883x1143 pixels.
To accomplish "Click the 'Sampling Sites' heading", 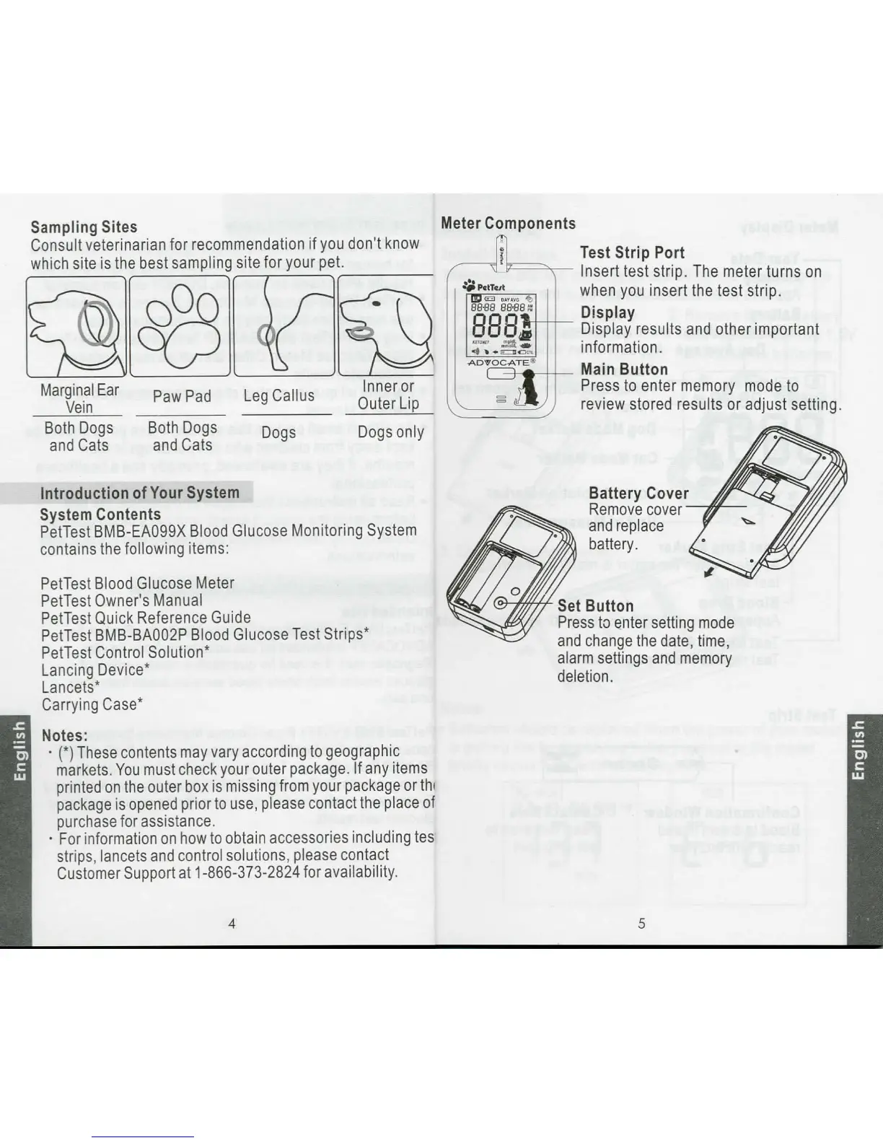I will tap(84, 227).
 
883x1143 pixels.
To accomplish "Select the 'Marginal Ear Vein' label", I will tap(79, 398).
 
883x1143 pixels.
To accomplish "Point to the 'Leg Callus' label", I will tap(279, 395).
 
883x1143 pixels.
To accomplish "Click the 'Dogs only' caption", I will tap(390, 432).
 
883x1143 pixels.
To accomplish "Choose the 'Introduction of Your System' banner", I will tap(139, 493).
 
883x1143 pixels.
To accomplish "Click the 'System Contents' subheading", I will tap(100, 514).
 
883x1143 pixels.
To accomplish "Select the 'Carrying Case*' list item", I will tap(92, 704).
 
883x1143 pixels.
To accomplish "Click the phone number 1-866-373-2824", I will tap(247, 872).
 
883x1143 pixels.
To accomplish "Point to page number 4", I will tap(232, 923).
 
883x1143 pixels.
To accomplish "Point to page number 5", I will tap(641, 923).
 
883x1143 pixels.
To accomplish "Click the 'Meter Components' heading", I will tap(509, 224).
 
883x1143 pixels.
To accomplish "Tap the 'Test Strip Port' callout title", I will tap(633, 253).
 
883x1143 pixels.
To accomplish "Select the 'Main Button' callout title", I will tap(625, 369).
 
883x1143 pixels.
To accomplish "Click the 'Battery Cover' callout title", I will tap(638, 493).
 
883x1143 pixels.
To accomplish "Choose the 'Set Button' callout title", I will tap(595, 606).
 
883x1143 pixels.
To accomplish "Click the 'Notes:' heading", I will tap(65, 735).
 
